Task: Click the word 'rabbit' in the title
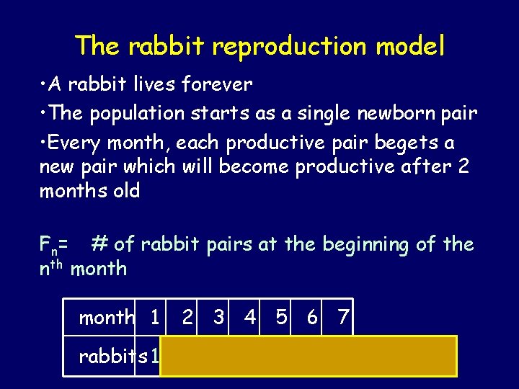(167, 46)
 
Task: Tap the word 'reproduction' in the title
(290, 46)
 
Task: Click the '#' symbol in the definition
(99, 244)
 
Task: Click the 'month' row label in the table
(107, 317)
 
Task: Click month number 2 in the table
(187, 317)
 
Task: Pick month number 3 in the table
(219, 317)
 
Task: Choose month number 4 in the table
(250, 317)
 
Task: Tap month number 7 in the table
(344, 317)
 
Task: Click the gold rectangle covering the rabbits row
(309, 356)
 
